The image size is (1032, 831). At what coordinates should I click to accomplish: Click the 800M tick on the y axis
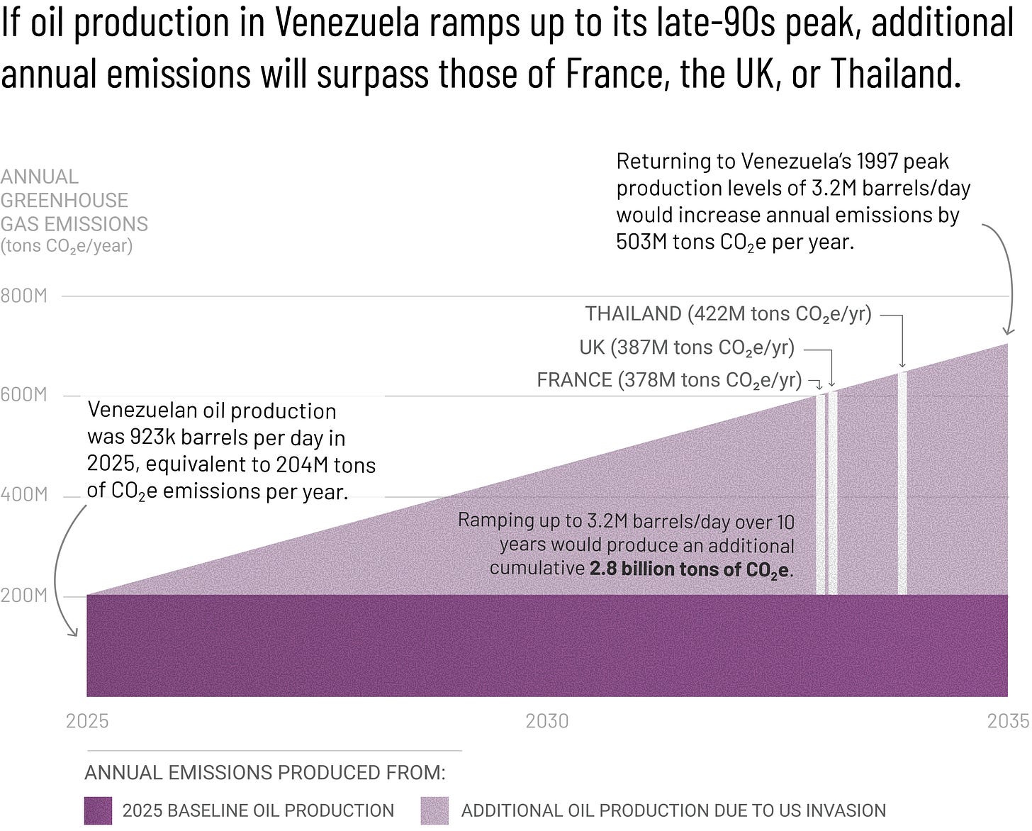(x=23, y=296)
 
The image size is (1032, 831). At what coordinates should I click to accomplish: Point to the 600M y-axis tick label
(x=23, y=395)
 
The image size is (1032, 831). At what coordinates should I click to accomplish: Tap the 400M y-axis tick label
(x=23, y=494)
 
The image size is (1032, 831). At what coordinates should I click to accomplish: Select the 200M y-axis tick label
(x=23, y=595)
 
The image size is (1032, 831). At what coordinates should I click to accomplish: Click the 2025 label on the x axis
(x=87, y=721)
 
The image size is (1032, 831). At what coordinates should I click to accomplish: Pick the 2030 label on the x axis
(x=546, y=721)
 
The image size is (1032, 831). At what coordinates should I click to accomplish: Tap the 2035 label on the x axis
(x=1008, y=721)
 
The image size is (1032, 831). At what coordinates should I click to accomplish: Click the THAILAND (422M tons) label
(x=728, y=314)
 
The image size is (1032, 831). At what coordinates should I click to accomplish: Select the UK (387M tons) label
(x=686, y=347)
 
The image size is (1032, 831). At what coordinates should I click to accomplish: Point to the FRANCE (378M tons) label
(x=668, y=381)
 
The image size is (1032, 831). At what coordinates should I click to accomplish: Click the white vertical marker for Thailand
(x=902, y=482)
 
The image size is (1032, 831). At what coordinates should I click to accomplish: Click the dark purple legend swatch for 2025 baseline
(x=98, y=810)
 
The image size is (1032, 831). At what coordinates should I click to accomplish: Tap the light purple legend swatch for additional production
(x=434, y=810)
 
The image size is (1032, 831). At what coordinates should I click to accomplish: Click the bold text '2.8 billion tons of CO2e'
(x=690, y=569)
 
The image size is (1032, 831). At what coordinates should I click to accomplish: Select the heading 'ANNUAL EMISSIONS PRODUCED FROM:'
(x=265, y=772)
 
